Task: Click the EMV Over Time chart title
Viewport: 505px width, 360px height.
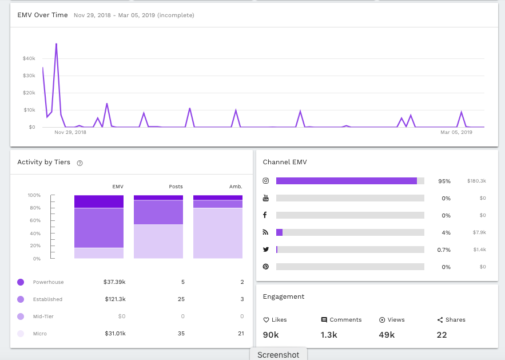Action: pos(42,15)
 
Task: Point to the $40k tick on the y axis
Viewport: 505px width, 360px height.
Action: pos(29,58)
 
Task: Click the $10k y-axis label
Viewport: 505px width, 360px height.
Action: pos(29,110)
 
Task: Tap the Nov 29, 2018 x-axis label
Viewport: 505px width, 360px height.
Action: pos(70,132)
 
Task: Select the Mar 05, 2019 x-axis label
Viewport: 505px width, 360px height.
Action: pos(456,132)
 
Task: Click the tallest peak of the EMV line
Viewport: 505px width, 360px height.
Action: pos(56,43)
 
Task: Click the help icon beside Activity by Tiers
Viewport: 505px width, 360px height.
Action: pos(80,163)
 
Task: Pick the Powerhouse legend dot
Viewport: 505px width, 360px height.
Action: pos(21,282)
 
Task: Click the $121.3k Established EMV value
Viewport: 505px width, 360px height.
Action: pos(115,299)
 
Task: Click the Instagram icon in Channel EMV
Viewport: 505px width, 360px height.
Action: pos(265,181)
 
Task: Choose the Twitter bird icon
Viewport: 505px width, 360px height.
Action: pos(265,250)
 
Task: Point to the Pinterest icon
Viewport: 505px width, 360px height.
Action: pos(265,267)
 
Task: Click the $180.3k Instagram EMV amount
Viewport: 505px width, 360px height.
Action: pos(476,181)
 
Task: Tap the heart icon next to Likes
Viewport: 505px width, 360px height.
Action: pos(266,320)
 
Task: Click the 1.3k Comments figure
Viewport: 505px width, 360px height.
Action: pos(329,334)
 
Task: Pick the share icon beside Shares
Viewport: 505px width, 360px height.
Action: pos(440,320)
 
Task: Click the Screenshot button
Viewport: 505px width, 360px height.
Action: pos(278,354)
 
